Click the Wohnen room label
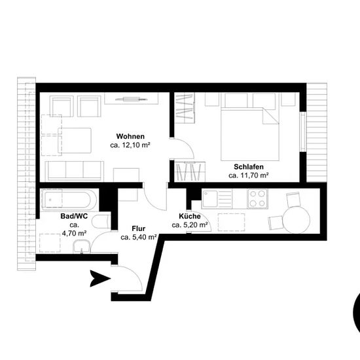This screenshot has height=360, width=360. point(130,136)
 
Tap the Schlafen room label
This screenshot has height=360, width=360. point(249,167)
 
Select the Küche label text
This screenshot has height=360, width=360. point(190,216)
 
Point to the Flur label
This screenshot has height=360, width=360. point(139,228)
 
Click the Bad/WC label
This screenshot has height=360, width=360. point(74,216)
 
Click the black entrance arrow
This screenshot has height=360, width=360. point(99,278)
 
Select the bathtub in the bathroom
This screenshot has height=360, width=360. point(69,200)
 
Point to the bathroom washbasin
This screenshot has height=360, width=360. point(82,246)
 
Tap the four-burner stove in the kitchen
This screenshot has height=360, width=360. point(257,198)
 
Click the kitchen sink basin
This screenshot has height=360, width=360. point(210,199)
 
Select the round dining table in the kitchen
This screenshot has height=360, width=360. point(296,219)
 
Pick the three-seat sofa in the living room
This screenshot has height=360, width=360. point(75,171)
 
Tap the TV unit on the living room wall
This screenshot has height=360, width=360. point(132,99)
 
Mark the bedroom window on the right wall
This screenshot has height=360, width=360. point(303,132)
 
